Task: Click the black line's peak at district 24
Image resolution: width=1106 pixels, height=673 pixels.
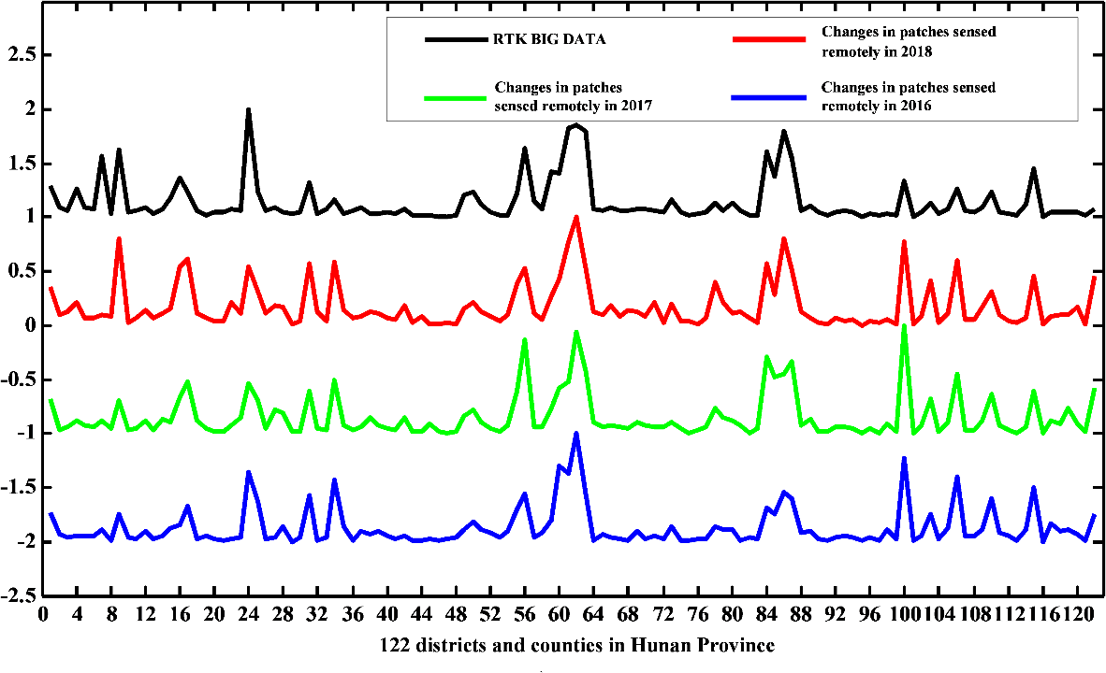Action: pyautogui.click(x=248, y=109)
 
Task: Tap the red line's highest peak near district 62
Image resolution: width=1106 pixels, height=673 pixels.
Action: pyautogui.click(x=576, y=217)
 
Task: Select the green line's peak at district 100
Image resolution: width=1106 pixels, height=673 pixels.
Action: pyautogui.click(x=904, y=326)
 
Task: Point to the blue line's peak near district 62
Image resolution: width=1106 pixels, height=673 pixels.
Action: pyautogui.click(x=576, y=433)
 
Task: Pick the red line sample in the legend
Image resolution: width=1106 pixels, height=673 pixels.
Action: pyautogui.click(x=768, y=40)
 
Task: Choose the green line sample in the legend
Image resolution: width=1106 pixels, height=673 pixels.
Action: pyautogui.click(x=457, y=96)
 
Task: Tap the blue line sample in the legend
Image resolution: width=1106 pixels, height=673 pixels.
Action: pyautogui.click(x=768, y=96)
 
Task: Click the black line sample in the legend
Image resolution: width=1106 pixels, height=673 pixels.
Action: pyautogui.click(x=457, y=40)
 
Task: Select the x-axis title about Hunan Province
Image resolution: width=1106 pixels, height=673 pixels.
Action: pyautogui.click(x=577, y=645)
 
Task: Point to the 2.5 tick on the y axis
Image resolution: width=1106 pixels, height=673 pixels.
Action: pyautogui.click(x=21, y=55)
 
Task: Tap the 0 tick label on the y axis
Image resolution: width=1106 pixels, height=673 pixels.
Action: pyautogui.click(x=29, y=325)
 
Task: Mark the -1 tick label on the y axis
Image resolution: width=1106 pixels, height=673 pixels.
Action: pyautogui.click(x=25, y=434)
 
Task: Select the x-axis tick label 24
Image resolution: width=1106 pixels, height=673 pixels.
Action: pyautogui.click(x=248, y=616)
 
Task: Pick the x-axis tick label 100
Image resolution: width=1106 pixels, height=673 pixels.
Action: pyautogui.click(x=904, y=616)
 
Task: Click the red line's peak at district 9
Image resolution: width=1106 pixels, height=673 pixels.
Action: pyautogui.click(x=119, y=238)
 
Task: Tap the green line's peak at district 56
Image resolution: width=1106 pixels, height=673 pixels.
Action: pyautogui.click(x=525, y=339)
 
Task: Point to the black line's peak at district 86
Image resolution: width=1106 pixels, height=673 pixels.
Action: pyautogui.click(x=783, y=131)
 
